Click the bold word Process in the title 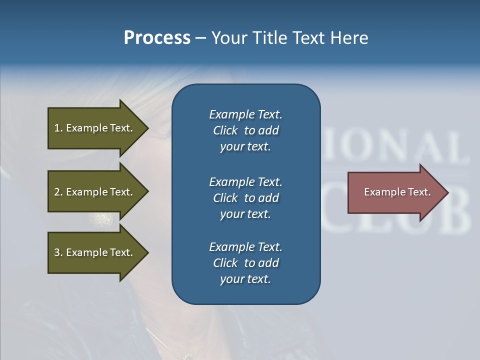click(157, 38)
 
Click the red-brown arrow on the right click(395, 192)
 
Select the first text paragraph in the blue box click(245, 130)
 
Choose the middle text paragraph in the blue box click(245, 198)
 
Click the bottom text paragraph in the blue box click(245, 263)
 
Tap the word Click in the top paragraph click(225, 130)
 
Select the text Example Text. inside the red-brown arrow click(397, 192)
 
